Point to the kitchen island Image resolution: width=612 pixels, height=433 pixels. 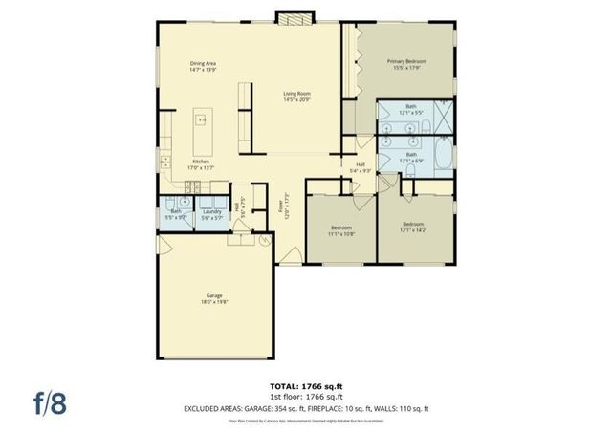[x=201, y=134]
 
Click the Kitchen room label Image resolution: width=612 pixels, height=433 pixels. [x=201, y=163]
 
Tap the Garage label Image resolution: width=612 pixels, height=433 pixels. [x=214, y=298]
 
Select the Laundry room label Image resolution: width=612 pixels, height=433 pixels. [x=211, y=214]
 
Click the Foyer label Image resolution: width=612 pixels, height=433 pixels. [x=282, y=206]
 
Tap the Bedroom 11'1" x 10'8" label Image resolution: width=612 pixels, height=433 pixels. [x=341, y=230]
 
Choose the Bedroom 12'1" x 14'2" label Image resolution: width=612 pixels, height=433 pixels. [x=414, y=227]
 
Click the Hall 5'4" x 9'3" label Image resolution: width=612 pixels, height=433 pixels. [x=361, y=167]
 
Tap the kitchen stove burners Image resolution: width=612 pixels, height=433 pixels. [x=165, y=160]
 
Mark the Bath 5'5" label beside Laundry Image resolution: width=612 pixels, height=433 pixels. [x=176, y=214]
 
